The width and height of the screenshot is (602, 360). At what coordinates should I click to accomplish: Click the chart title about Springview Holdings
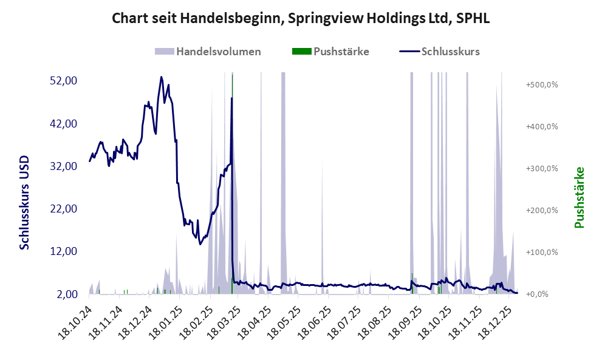point(301,19)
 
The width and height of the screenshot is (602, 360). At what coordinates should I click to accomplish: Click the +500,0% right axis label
point(541,84)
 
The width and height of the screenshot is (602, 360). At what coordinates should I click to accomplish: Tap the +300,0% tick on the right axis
point(541,168)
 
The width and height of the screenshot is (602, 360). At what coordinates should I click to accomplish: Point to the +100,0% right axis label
point(541,252)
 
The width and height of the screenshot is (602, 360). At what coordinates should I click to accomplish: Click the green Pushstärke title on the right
point(579,197)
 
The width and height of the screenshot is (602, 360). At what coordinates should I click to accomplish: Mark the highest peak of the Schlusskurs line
point(161,77)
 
